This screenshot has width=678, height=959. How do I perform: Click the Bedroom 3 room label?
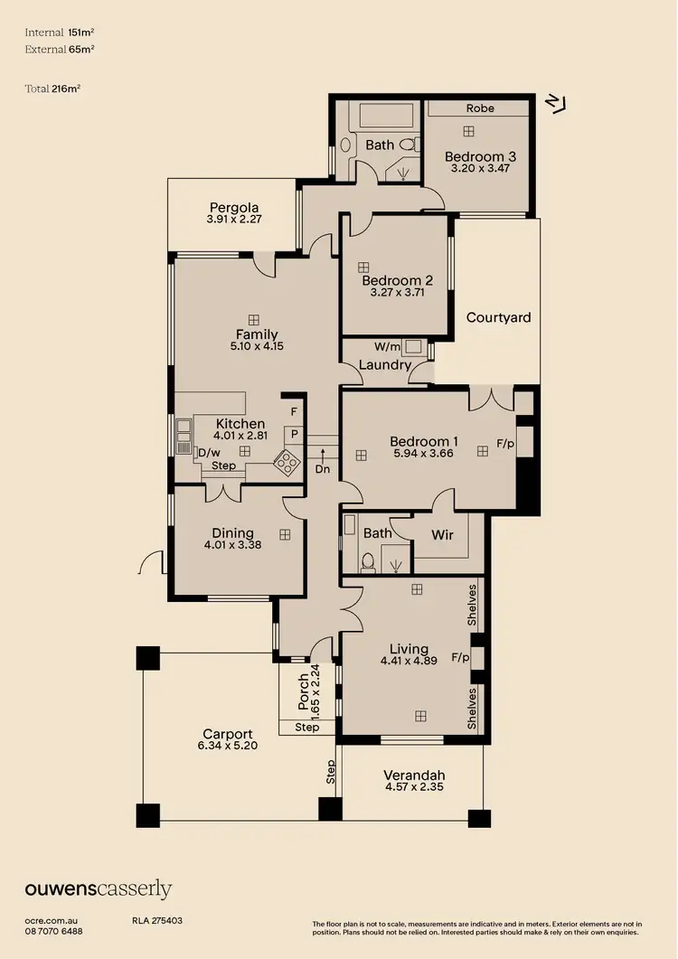[474, 156]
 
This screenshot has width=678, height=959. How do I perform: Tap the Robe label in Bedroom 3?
[480, 108]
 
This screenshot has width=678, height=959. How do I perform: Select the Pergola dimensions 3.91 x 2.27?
[234, 219]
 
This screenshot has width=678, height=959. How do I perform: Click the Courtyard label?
[498, 317]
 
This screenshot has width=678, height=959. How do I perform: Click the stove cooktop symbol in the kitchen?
[287, 462]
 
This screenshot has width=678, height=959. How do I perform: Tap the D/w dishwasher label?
[209, 452]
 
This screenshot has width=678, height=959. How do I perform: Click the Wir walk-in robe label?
[442, 535]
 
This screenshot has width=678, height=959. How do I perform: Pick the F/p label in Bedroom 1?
[506, 445]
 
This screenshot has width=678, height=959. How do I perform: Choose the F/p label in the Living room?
[460, 657]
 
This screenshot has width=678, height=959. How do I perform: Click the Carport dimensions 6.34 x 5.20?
[227, 747]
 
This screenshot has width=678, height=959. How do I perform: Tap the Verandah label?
[414, 776]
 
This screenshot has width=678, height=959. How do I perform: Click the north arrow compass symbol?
[556, 103]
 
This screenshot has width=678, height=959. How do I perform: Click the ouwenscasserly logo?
[98, 889]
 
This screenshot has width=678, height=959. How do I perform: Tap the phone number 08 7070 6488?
[53, 931]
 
